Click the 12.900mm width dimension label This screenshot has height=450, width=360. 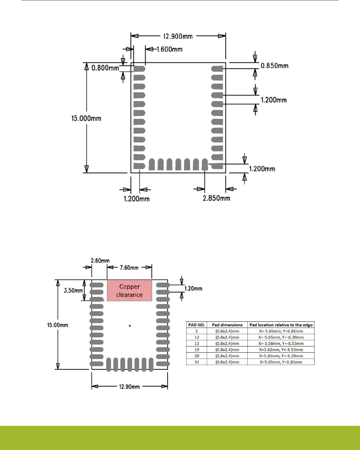[x=178, y=36]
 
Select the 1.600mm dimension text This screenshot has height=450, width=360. [x=169, y=49]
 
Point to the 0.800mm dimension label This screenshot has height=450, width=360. [x=105, y=68]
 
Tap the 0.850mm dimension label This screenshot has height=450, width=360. [x=274, y=66]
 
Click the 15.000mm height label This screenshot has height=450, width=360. [x=86, y=119]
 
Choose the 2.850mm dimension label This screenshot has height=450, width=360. [x=216, y=198]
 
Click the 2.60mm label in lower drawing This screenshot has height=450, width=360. [x=100, y=261]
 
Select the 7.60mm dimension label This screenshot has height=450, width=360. [x=129, y=268]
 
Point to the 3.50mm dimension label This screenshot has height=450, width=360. [x=73, y=291]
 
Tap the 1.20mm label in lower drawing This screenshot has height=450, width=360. [x=193, y=289]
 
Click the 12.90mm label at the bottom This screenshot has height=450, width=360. [x=129, y=387]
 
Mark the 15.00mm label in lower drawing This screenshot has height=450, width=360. [x=58, y=325]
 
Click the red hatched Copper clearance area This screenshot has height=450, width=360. [x=129, y=291]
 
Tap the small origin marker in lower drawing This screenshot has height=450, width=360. [x=130, y=326]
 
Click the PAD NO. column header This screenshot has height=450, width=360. [x=196, y=325]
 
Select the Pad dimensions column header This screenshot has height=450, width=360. [x=227, y=325]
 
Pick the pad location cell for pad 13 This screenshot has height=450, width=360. [x=281, y=344]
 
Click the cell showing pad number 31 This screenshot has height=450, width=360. [x=196, y=362]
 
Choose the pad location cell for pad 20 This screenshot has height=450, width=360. [x=281, y=356]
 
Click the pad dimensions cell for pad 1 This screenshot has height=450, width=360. [x=227, y=331]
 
